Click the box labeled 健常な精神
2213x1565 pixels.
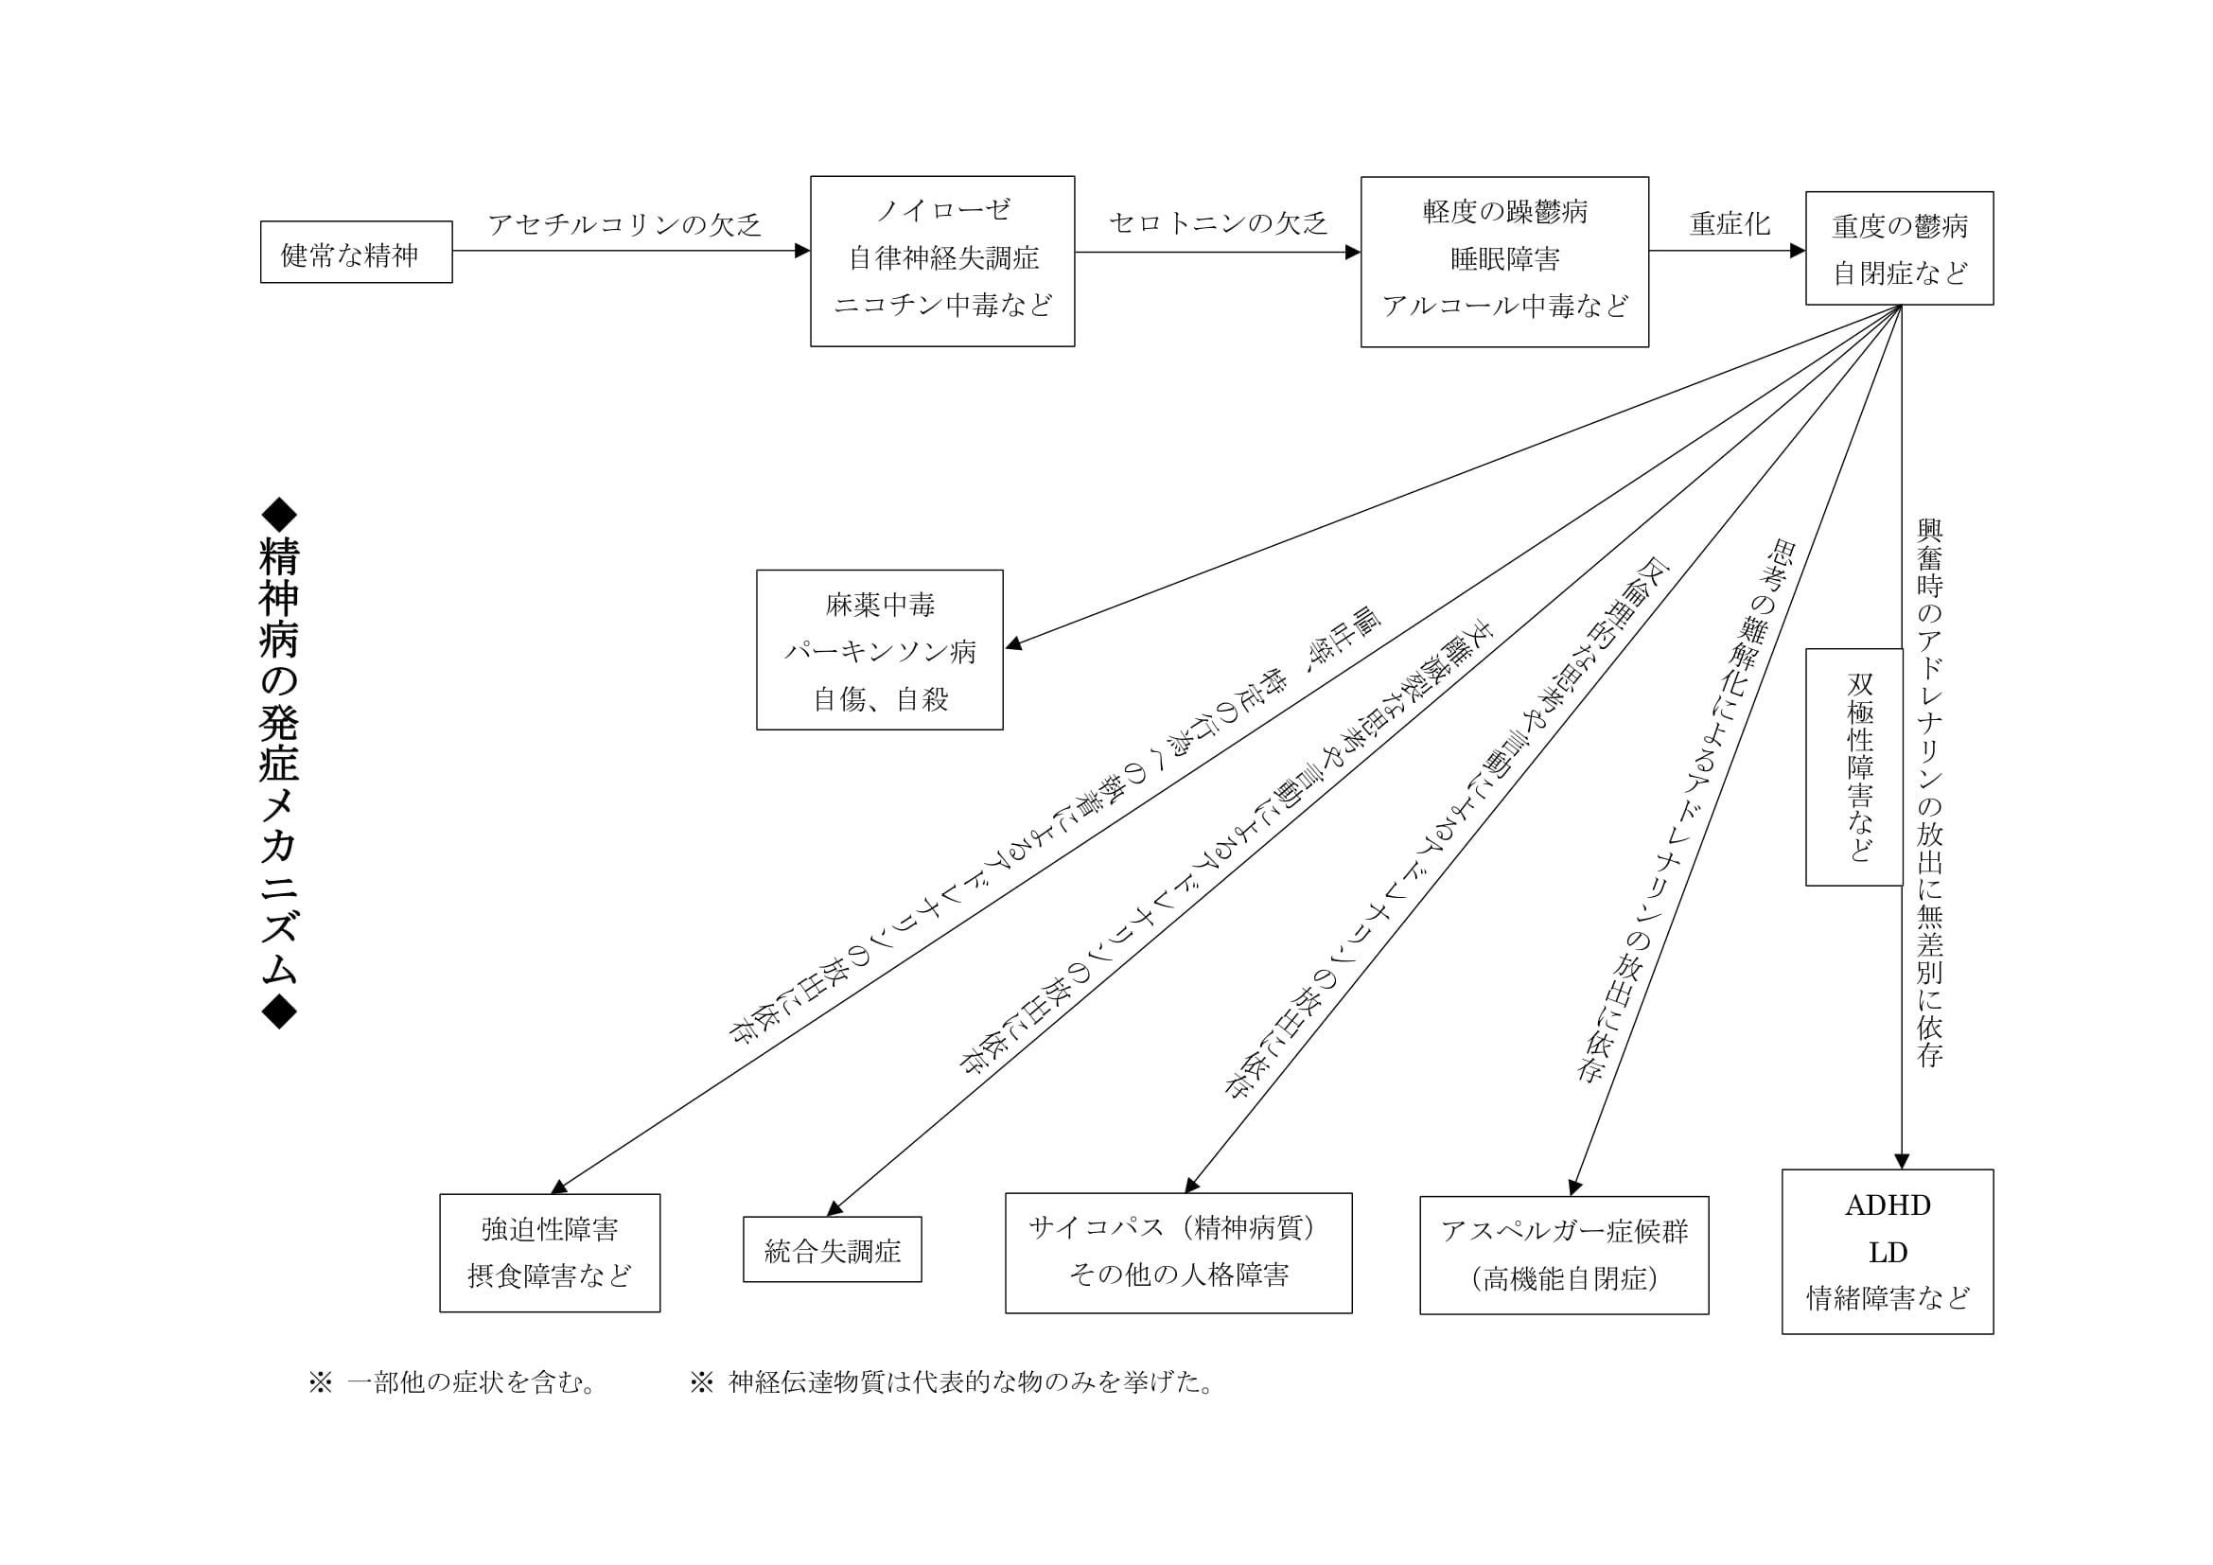tap(356, 253)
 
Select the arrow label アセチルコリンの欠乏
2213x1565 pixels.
tap(624, 225)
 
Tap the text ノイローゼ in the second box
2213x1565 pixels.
tap(942, 210)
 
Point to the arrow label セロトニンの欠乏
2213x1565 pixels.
tap(1218, 223)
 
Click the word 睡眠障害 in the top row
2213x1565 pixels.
tap(1504, 258)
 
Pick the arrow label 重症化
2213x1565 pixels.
tap(1730, 224)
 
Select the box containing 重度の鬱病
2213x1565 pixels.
tap(1899, 249)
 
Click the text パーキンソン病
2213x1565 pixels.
tap(880, 653)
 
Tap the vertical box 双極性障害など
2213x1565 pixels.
tap(1853, 767)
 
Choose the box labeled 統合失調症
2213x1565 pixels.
tap(832, 1250)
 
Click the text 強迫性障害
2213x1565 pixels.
tap(550, 1230)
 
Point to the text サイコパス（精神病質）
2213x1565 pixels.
tap(1178, 1228)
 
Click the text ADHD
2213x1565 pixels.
tap(1887, 1205)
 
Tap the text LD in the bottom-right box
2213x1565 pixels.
tap(1888, 1253)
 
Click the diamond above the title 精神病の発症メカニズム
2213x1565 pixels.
tap(279, 516)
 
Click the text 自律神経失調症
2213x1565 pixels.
tap(942, 258)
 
